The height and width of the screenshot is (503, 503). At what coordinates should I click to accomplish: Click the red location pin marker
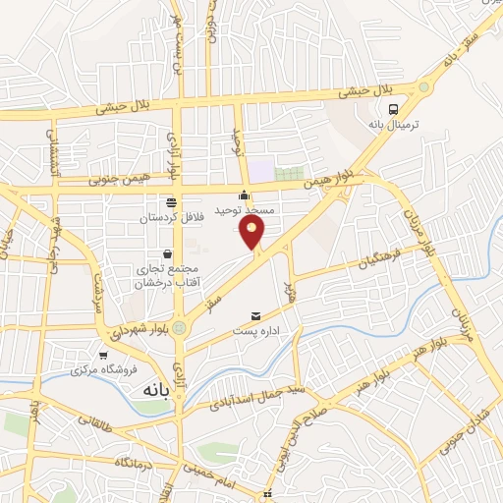click(x=252, y=232)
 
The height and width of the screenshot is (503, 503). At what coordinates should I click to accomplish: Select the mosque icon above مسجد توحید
click(x=245, y=195)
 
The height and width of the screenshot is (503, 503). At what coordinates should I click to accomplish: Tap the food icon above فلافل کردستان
click(x=172, y=201)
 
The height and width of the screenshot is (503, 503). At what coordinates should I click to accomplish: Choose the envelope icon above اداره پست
click(x=256, y=316)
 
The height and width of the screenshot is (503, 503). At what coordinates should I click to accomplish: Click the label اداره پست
click(x=256, y=331)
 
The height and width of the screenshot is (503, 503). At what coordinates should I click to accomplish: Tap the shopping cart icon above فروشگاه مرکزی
click(x=103, y=356)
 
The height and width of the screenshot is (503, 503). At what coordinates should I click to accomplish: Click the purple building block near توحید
click(x=260, y=171)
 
